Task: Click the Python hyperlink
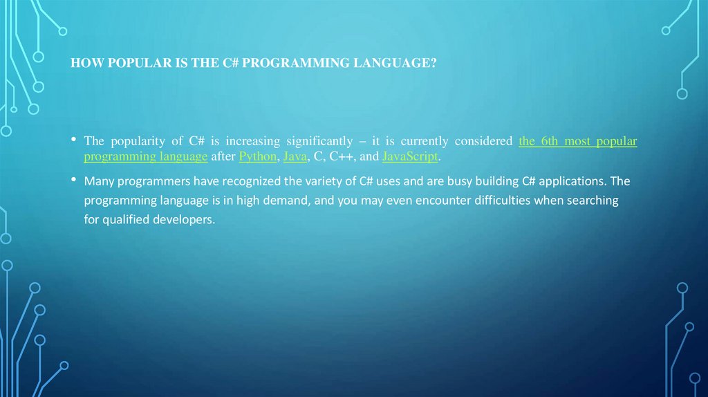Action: (x=257, y=156)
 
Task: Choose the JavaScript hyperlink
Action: (x=409, y=156)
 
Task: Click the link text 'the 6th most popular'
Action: (x=577, y=141)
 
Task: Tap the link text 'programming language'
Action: (x=146, y=156)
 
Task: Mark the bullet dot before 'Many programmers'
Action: (x=73, y=181)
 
